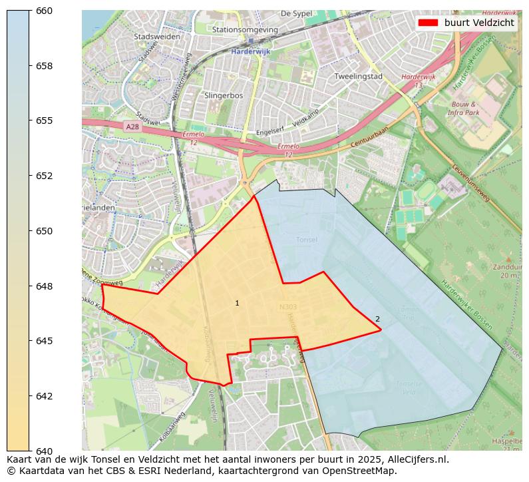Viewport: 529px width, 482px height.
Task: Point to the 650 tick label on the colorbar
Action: [44, 231]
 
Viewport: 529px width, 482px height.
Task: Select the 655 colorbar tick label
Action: [44, 120]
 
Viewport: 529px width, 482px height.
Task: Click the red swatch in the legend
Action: [428, 23]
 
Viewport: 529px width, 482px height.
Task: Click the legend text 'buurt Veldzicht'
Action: [479, 23]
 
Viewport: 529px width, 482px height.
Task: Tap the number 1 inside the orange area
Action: [237, 304]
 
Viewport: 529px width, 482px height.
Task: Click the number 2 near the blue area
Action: [377, 320]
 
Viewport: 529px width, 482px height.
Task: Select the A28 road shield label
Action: [132, 126]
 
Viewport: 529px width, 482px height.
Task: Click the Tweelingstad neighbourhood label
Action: [358, 76]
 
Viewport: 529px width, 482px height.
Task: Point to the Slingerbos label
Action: [223, 95]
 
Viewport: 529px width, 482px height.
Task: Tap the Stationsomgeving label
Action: [245, 30]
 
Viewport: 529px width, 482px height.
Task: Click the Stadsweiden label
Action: [156, 37]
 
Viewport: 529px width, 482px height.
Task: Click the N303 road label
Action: [289, 307]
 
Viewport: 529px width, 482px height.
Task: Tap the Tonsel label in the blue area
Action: [306, 240]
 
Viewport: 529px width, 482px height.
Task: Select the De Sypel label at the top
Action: [296, 13]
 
